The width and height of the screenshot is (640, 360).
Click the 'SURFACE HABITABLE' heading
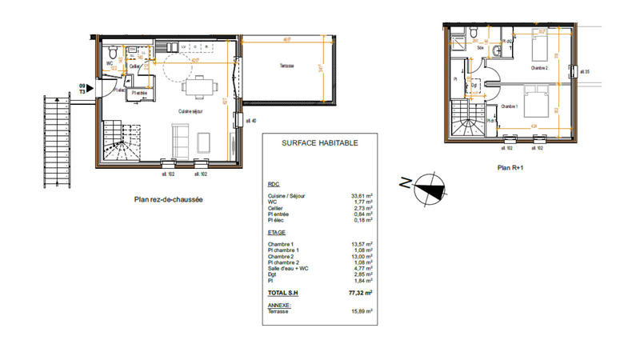coord(319,143)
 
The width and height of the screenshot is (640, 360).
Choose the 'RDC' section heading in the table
coord(274,184)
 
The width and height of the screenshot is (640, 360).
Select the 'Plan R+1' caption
coord(510,168)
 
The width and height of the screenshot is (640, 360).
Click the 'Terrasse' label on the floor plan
coord(287,65)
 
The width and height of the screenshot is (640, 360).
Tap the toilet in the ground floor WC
coord(113,54)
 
